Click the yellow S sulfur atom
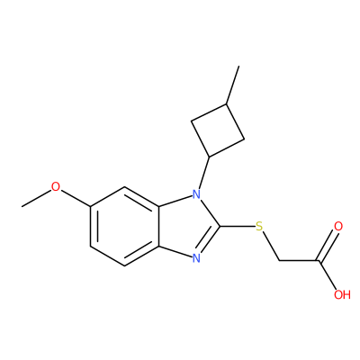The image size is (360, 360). [x=259, y=227]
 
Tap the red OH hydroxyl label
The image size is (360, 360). [x=342, y=294]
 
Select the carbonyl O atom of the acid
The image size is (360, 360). [x=338, y=227]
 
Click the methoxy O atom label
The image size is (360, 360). [x=56, y=187]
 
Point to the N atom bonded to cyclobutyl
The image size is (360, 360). [x=196, y=194]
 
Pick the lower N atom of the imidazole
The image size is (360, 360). [x=196, y=257]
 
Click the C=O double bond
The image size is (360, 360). [x=328, y=246]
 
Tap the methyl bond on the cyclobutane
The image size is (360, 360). [x=233, y=85]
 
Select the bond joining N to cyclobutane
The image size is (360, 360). [x=203, y=172]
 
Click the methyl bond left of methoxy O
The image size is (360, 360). [x=36, y=198]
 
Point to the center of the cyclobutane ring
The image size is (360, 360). [x=218, y=130]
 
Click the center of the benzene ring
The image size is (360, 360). [x=124, y=227]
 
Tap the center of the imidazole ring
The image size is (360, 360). [x=186, y=227]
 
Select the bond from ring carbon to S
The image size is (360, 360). [x=238, y=227]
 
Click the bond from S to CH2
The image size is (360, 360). [x=270, y=247]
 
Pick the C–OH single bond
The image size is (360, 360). [x=328, y=274]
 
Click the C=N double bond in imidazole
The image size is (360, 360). [x=210, y=240]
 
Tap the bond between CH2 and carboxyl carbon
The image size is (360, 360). [x=299, y=260]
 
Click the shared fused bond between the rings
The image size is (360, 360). [x=159, y=227]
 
